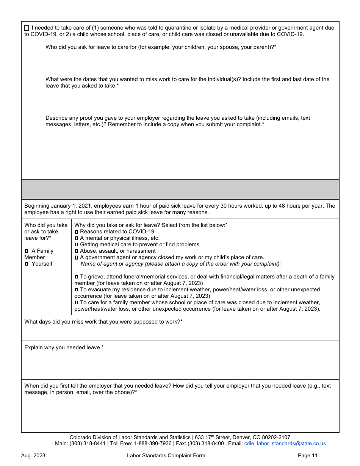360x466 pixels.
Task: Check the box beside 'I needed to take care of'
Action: pyautogui.click(x=26, y=28)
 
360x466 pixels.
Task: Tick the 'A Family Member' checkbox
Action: pyautogui.click(x=27, y=251)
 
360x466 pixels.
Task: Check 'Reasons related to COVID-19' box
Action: pyautogui.click(x=77, y=231)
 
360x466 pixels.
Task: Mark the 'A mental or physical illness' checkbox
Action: pyautogui.click(x=77, y=238)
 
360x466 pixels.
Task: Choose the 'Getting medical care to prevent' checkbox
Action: pyautogui.click(x=77, y=245)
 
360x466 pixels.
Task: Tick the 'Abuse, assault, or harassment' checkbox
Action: pyautogui.click(x=77, y=251)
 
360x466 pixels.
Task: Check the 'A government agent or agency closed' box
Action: pyautogui.click(x=77, y=258)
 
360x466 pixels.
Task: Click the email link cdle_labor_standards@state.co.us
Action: pyautogui.click(x=285, y=444)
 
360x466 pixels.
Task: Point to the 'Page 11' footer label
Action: pyautogui.click(x=308, y=456)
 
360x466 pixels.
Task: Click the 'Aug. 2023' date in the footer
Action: pyautogui.click(x=33, y=456)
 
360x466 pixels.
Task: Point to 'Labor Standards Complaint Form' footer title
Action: pyautogui.click(x=166, y=456)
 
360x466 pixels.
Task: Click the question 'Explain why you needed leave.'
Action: pyautogui.click(x=64, y=347)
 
